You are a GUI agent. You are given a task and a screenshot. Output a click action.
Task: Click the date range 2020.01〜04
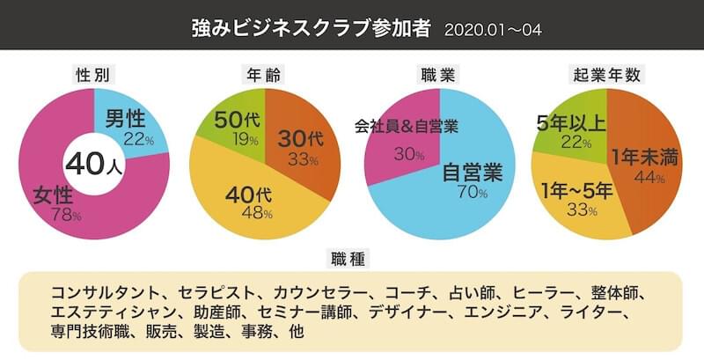(x=493, y=30)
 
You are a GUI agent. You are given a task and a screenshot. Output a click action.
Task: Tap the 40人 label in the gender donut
(x=93, y=164)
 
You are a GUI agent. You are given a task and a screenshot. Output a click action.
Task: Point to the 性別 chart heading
(x=93, y=74)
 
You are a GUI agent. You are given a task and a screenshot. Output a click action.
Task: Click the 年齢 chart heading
(x=265, y=74)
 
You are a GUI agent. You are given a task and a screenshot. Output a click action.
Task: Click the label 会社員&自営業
(x=407, y=125)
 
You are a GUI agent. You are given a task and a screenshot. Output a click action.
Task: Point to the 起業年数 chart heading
(x=607, y=74)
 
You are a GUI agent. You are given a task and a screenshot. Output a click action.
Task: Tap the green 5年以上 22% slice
(x=572, y=128)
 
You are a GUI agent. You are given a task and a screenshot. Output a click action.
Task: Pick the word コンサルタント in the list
(x=104, y=290)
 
